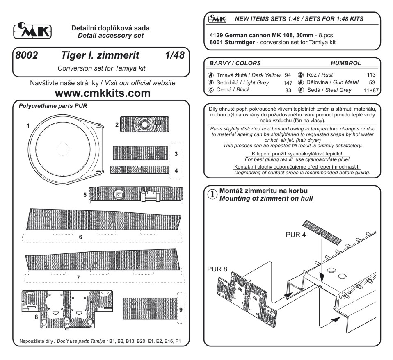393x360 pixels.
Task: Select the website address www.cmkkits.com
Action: point(101,93)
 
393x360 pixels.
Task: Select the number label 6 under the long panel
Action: point(80,237)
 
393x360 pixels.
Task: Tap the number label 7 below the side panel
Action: point(78,278)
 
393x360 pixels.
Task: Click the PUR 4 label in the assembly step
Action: point(295,236)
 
